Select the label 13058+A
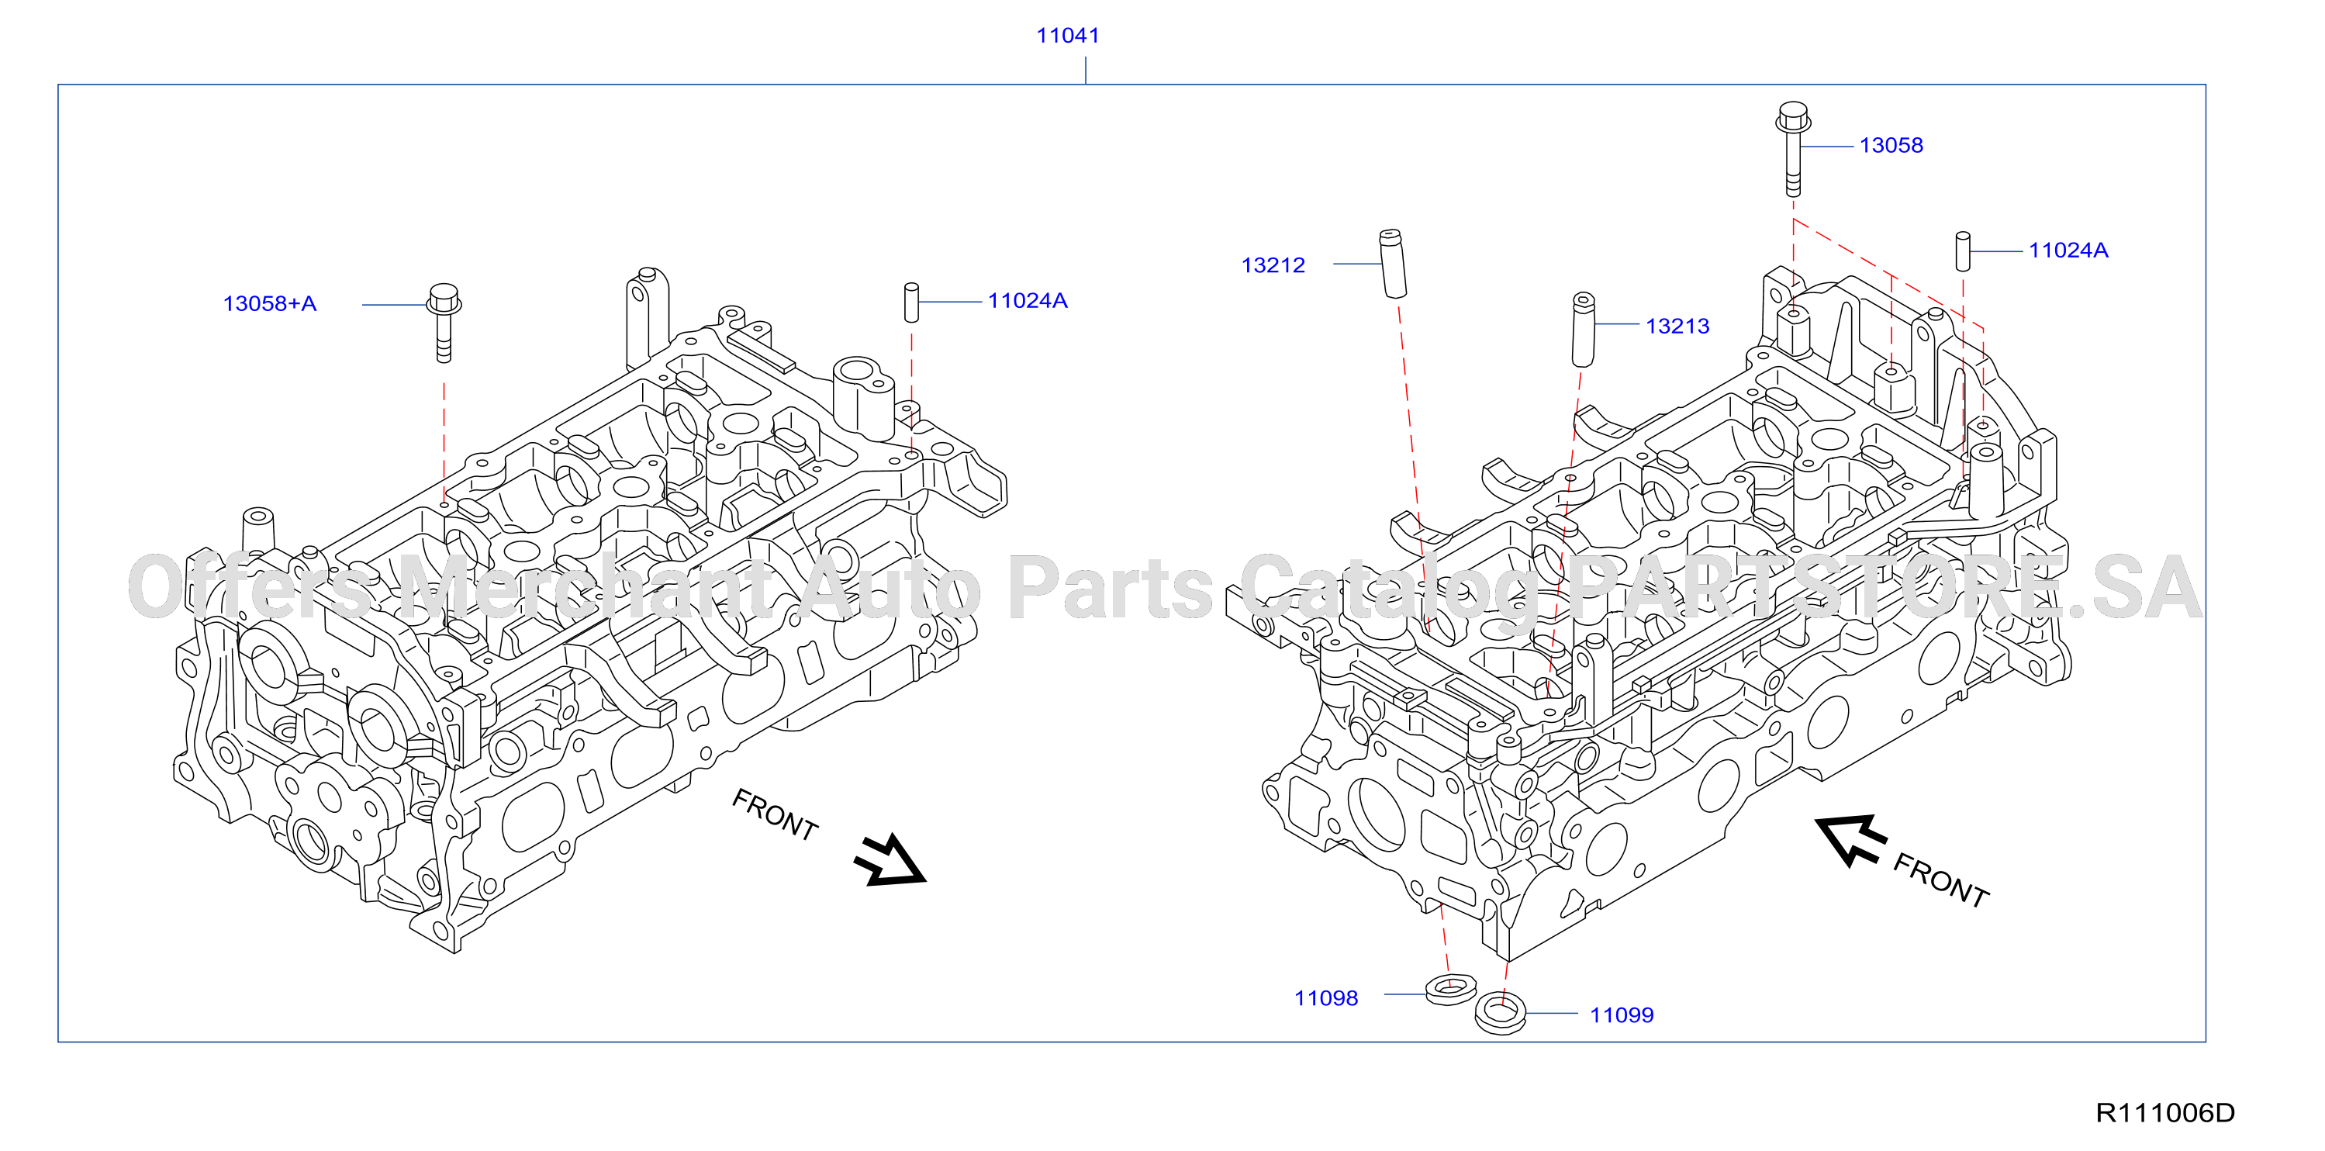click(270, 303)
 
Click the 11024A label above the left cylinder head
click(1027, 301)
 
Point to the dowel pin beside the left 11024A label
click(911, 302)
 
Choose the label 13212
click(1273, 265)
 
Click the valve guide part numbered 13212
click(1393, 263)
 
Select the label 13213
click(1677, 326)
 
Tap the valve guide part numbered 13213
click(1583, 330)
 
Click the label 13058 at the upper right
click(1891, 145)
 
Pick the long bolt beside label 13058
click(1794, 149)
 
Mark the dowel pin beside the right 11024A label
click(1962, 251)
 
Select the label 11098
click(1326, 998)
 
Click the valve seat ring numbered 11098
click(1451, 990)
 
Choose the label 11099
click(1621, 1015)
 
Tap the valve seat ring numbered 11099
click(1500, 1013)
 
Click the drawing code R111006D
click(2164, 1113)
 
